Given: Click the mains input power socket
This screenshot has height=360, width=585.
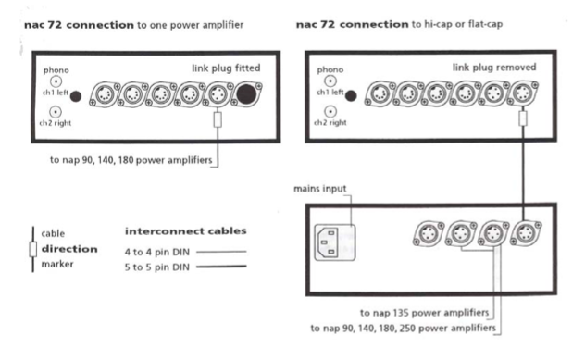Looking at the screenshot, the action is [x=335, y=242].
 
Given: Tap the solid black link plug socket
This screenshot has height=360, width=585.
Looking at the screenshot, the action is [x=246, y=94].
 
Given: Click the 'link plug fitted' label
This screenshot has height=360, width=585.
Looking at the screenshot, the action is [x=226, y=68].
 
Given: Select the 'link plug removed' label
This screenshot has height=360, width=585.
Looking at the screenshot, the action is [x=494, y=68].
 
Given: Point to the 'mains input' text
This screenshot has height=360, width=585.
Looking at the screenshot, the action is [x=320, y=189].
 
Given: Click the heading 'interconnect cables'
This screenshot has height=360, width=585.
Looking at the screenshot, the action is [x=186, y=231].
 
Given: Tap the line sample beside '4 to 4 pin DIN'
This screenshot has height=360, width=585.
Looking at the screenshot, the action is [x=221, y=252].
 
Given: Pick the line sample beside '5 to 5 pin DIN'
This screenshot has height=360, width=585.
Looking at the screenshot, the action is [x=221, y=267].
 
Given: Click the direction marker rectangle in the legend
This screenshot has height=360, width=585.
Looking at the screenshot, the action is [x=32, y=249].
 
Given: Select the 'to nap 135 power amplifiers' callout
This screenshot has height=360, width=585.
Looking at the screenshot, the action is [x=424, y=313].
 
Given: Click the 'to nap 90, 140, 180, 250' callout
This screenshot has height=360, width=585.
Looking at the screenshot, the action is [x=404, y=329].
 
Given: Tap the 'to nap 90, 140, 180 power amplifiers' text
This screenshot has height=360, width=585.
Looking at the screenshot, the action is [x=131, y=160].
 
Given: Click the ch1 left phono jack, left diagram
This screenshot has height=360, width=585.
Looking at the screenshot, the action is [x=56, y=81].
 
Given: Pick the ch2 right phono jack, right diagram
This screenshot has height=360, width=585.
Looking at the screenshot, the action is [x=330, y=111].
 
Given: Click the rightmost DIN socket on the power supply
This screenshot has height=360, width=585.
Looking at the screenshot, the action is [x=526, y=233].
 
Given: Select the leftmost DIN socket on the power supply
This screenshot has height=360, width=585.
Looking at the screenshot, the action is [x=429, y=234].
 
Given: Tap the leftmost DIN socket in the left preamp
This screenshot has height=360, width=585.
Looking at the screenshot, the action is [x=104, y=94].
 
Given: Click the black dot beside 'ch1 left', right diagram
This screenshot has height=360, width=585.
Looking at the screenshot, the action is [x=351, y=96].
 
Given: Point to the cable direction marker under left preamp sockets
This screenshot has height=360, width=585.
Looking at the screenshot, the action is [x=218, y=120].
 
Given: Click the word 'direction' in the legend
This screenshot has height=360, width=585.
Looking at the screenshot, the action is [x=69, y=249].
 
